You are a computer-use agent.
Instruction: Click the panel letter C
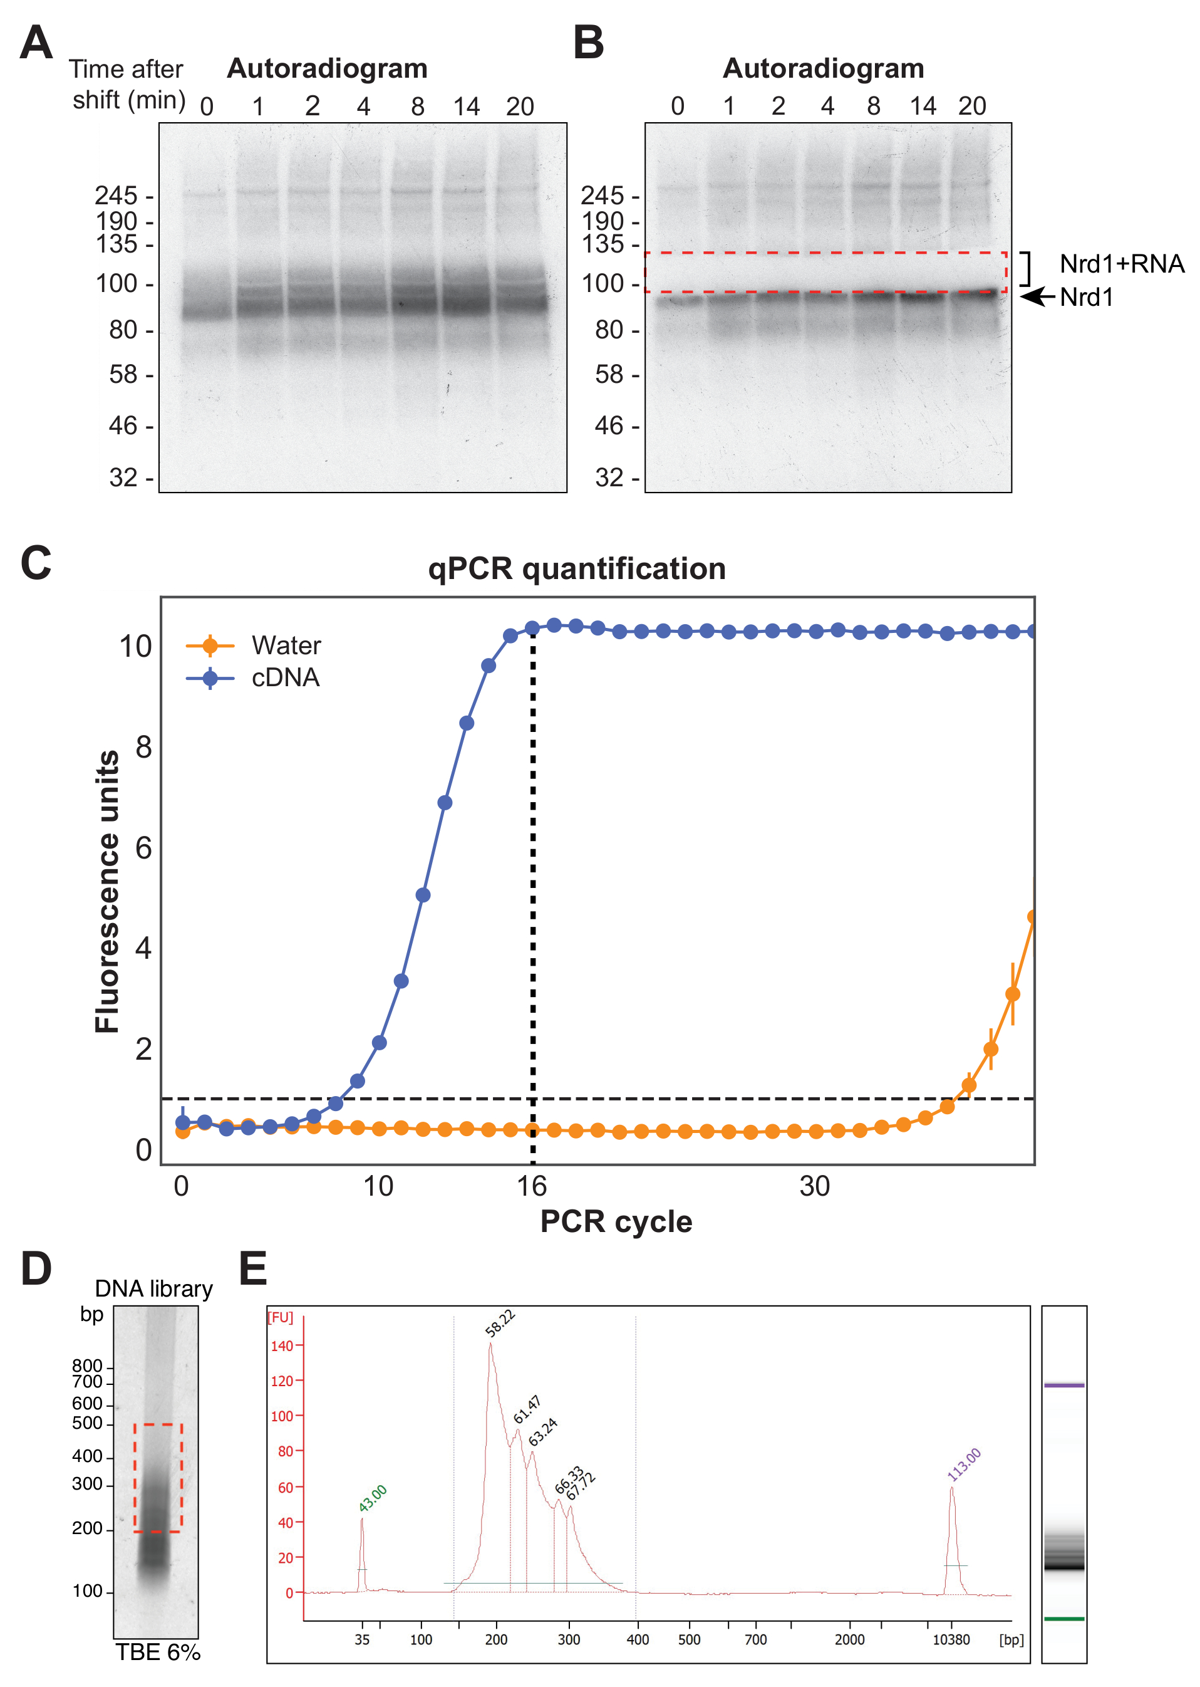(x=36, y=563)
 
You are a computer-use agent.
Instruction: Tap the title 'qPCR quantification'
(x=576, y=569)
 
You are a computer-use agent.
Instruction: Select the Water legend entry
(x=285, y=645)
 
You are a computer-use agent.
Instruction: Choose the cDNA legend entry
(x=285, y=678)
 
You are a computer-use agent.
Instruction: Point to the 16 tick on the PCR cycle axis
(x=531, y=1186)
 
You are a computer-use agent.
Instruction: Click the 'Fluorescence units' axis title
(x=107, y=891)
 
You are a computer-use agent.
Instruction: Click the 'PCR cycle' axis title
(x=616, y=1222)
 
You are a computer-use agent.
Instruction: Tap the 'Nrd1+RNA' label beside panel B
(x=1121, y=264)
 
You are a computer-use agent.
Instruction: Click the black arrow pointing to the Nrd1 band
(x=1037, y=296)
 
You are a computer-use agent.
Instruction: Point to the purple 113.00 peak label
(x=965, y=1465)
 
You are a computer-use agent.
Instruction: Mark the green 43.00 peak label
(x=373, y=1498)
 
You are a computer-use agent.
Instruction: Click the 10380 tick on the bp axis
(x=951, y=1640)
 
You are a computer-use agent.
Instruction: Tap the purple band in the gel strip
(x=1063, y=1386)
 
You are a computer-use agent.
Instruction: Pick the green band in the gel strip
(x=1063, y=1619)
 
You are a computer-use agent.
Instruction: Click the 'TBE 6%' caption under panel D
(x=157, y=1653)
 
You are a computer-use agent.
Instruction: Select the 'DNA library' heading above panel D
(x=153, y=1289)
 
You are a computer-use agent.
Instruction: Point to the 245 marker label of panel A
(x=116, y=196)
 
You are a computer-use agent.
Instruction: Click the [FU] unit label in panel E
(x=280, y=1318)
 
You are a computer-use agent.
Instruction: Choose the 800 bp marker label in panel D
(x=87, y=1366)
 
